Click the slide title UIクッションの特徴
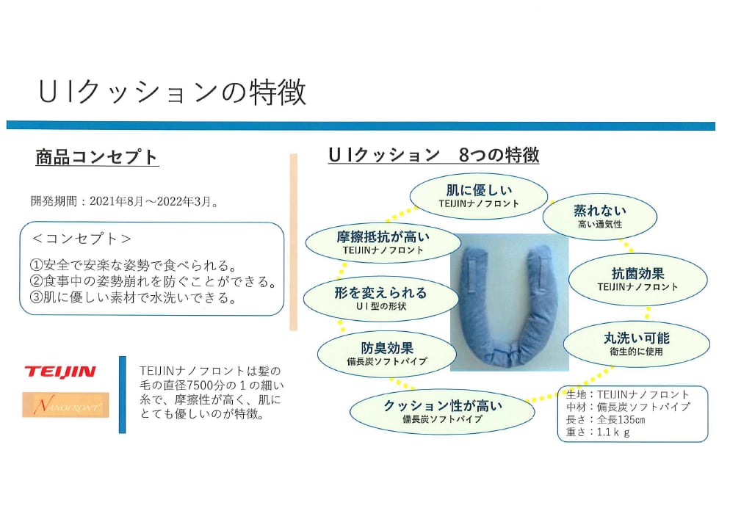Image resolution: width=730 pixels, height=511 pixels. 173,93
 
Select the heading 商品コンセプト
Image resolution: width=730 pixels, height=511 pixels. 97,157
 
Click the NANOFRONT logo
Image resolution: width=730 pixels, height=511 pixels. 65,405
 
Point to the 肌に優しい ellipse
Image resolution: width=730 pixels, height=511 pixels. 478,195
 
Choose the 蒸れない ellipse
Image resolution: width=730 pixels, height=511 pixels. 599,216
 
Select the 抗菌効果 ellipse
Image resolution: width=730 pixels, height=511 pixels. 637,278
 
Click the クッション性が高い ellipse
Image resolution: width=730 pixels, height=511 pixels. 431,411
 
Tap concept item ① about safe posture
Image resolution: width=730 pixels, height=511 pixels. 132,264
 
